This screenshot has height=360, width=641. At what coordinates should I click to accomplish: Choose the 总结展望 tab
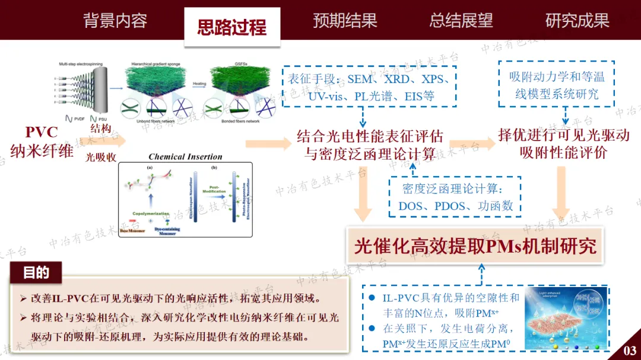(461, 21)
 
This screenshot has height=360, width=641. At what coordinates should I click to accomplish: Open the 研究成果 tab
(577, 21)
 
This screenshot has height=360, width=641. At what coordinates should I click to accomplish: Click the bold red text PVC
(42, 132)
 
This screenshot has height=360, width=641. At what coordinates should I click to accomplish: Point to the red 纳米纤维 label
(42, 151)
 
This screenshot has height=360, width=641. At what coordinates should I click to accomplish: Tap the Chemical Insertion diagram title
(185, 157)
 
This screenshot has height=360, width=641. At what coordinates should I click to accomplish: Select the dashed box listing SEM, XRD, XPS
(370, 87)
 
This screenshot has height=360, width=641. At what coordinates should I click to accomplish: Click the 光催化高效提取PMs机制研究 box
(475, 246)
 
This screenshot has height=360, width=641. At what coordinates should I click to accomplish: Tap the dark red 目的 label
(36, 273)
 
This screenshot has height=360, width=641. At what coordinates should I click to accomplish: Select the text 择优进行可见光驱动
(563, 135)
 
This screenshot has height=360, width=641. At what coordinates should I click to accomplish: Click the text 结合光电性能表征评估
(370, 138)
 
